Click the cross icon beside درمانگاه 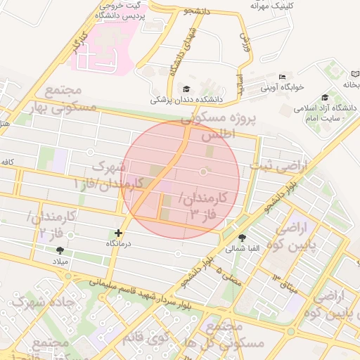coord(118,233)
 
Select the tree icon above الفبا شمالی coord(243,238)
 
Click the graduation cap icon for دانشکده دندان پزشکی coord(186,89)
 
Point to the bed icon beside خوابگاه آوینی coord(282,76)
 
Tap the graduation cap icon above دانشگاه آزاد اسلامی coord(325,97)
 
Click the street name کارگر coord(77,44)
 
